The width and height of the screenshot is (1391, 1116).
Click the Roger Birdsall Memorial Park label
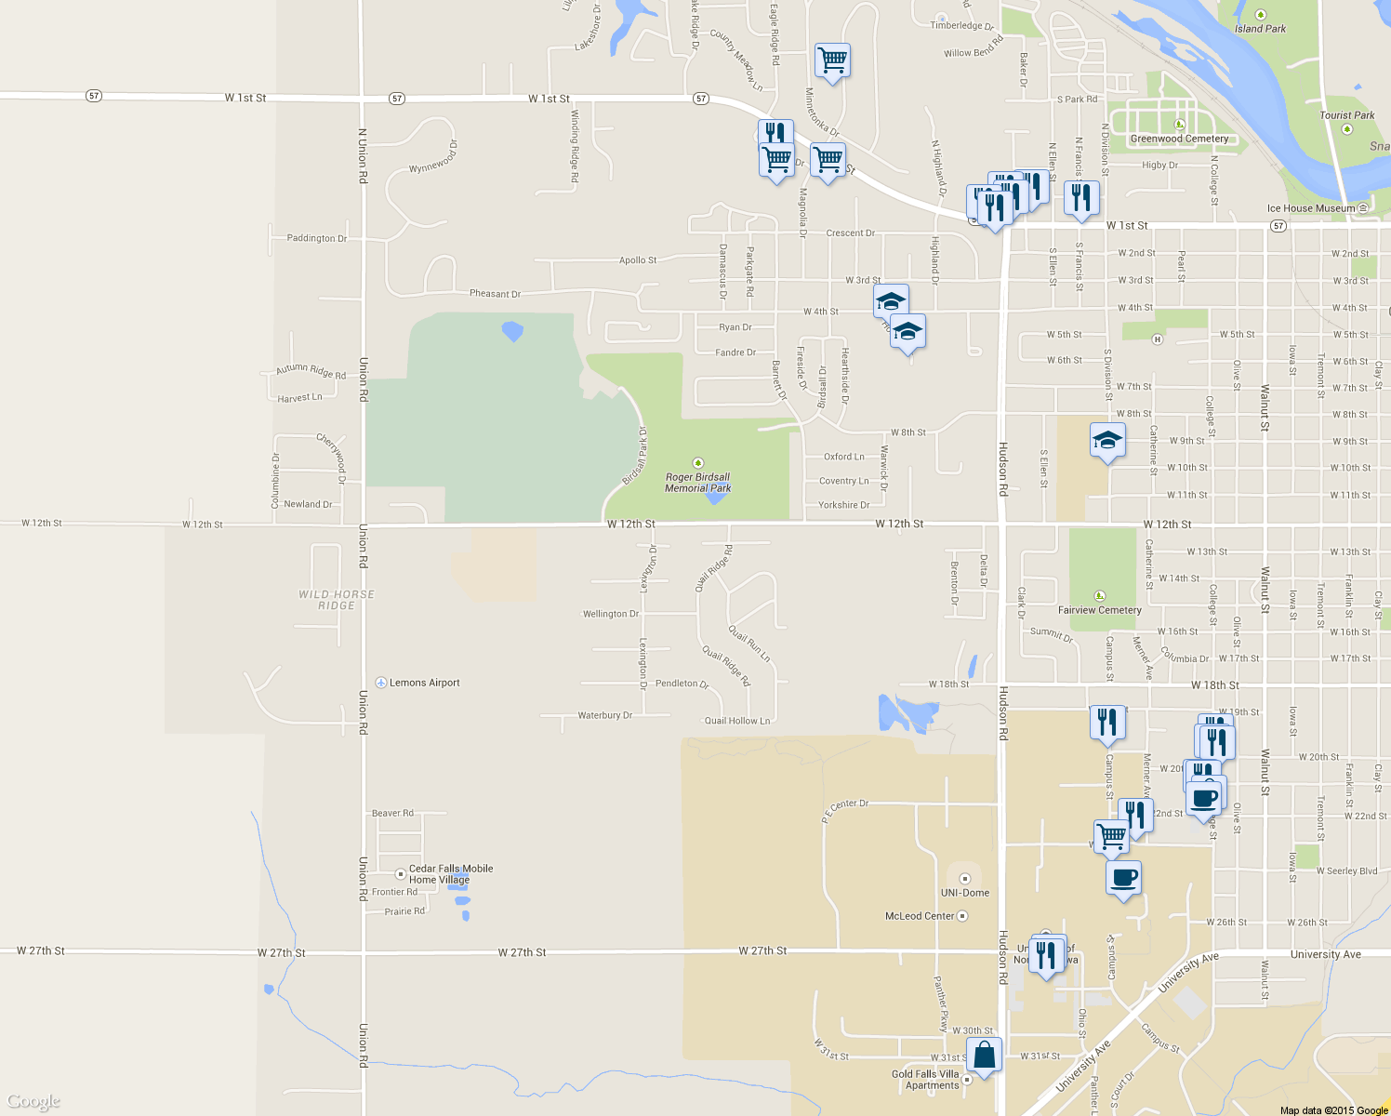point(697,482)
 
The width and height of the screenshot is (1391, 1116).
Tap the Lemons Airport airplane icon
point(381,683)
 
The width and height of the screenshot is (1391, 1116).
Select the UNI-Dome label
point(964,893)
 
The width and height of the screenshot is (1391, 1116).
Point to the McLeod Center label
point(919,916)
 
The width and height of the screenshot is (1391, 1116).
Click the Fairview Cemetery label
point(1099,610)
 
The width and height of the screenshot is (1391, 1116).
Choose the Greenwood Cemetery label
point(1179,139)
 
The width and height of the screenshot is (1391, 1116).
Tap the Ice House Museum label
point(1311,208)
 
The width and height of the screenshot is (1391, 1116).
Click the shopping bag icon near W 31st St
point(984,1056)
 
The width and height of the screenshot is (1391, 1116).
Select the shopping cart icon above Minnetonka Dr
point(832,60)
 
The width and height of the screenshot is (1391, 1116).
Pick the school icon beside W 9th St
point(1106,440)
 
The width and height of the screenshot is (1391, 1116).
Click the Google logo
point(33,1101)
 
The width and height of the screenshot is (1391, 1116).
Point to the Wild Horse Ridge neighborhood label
point(337,600)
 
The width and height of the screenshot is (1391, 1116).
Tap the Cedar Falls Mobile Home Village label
point(451,874)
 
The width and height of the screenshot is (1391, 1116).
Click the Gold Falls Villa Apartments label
point(925,1079)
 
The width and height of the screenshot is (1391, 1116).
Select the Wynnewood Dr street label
point(433,157)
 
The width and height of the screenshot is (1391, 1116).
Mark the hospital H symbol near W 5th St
point(1157,339)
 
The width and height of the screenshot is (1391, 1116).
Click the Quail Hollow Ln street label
point(736,721)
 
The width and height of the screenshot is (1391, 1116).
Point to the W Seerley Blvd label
point(1346,871)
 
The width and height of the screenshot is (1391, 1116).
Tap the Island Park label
point(1261,29)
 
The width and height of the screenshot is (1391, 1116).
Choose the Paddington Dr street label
point(316,238)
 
